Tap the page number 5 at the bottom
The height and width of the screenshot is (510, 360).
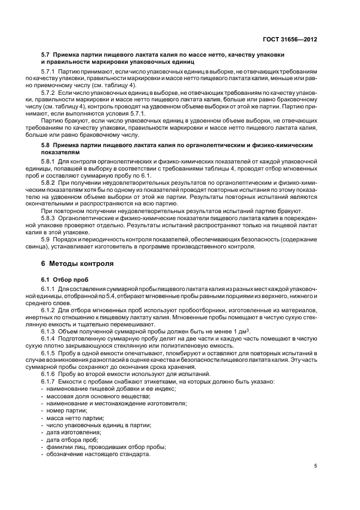pyautogui.click(x=316, y=466)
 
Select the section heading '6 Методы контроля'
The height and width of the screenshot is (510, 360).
pyautogui.click(x=77, y=264)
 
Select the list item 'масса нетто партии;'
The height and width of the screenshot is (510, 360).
pyautogui.click(x=75, y=417)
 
